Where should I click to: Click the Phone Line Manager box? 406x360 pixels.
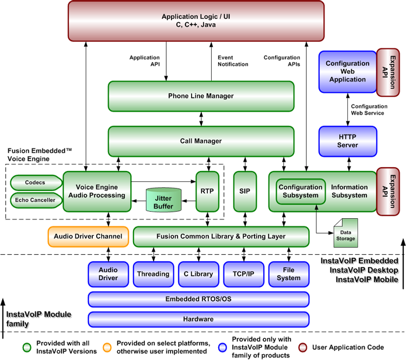click(201, 96)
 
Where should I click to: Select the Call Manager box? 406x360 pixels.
click(201, 141)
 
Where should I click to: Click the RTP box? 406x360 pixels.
click(207, 191)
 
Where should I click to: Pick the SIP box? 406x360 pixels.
click(244, 191)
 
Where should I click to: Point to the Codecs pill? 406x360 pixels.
click(35, 182)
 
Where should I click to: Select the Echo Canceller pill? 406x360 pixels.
click(35, 200)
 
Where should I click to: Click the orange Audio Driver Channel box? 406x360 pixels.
click(88, 237)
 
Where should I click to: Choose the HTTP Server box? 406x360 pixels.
click(347, 141)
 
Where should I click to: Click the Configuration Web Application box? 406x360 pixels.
click(347, 72)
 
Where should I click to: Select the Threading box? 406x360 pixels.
click(153, 274)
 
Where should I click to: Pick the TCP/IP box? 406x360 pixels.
click(243, 274)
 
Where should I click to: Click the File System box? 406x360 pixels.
click(288, 274)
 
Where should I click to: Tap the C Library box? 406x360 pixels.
click(198, 274)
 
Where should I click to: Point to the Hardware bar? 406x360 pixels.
click(198, 319)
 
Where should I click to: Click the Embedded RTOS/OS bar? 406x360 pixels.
click(198, 299)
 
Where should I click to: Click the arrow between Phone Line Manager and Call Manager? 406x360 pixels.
click(201, 118)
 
